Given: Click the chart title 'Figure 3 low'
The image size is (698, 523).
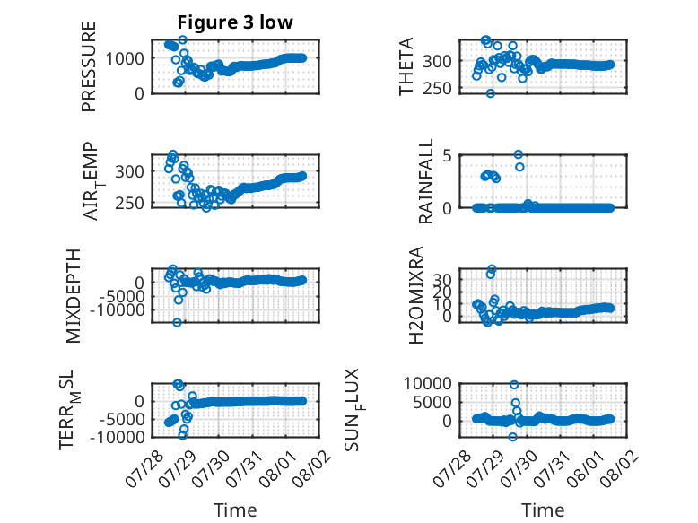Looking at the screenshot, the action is click(235, 22).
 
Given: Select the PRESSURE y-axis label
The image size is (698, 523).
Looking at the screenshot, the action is click(89, 66).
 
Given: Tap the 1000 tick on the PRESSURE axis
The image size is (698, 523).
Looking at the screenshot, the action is click(125, 58).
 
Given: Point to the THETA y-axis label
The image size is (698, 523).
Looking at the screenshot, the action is click(406, 66).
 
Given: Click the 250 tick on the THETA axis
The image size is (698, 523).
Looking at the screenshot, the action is click(437, 88).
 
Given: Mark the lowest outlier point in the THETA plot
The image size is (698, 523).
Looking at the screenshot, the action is click(490, 93).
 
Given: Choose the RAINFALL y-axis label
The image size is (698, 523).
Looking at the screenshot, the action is click(425, 181).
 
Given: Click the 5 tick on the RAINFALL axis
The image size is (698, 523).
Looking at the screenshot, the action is click(447, 156).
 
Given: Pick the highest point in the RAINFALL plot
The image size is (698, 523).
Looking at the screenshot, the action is click(519, 154).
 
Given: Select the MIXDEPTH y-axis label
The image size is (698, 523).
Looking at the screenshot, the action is click(74, 296).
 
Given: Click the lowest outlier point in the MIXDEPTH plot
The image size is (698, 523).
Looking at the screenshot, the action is click(177, 322).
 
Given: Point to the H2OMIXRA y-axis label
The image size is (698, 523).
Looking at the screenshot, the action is click(415, 295).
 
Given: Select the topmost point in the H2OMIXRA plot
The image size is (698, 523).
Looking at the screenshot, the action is click(492, 269).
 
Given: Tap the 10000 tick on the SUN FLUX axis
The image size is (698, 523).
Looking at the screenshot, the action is click(427, 383).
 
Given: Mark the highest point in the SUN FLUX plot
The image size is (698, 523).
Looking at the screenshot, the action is click(514, 385).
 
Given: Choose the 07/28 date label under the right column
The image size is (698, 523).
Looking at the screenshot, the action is click(452, 469).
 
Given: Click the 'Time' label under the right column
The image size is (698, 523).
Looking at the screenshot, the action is click(543, 510).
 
